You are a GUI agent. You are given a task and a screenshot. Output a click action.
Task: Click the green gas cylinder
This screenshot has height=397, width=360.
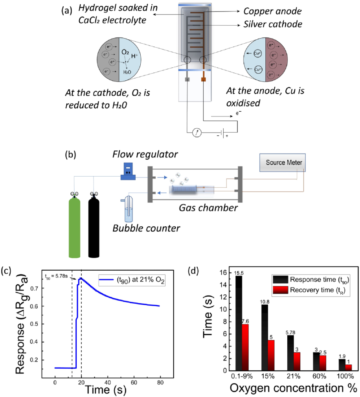click(74, 228)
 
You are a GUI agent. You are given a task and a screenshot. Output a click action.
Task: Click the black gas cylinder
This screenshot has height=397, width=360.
click(94, 228)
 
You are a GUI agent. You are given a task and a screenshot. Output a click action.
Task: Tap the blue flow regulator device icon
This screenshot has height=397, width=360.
click(128, 172)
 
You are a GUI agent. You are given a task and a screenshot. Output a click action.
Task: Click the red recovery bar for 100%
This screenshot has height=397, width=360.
click(348, 367)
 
